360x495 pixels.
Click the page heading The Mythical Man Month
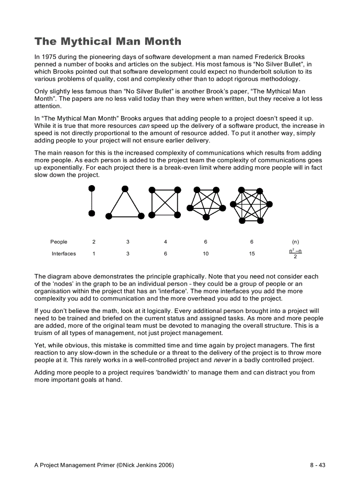point(108,41)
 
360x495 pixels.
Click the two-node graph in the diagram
point(92,201)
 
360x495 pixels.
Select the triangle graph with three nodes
point(125,204)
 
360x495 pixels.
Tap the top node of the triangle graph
point(125,189)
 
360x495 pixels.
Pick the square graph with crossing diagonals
point(165,202)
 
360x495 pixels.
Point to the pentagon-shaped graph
point(206,203)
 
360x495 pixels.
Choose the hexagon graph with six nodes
point(251,205)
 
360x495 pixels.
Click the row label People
point(59,242)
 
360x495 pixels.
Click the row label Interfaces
point(64,254)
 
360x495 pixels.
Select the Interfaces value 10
point(206,254)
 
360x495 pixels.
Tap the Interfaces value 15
point(251,254)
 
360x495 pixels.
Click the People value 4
point(165,242)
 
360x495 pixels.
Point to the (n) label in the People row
point(295,242)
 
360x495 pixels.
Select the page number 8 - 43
point(317,465)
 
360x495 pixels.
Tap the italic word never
point(221,360)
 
